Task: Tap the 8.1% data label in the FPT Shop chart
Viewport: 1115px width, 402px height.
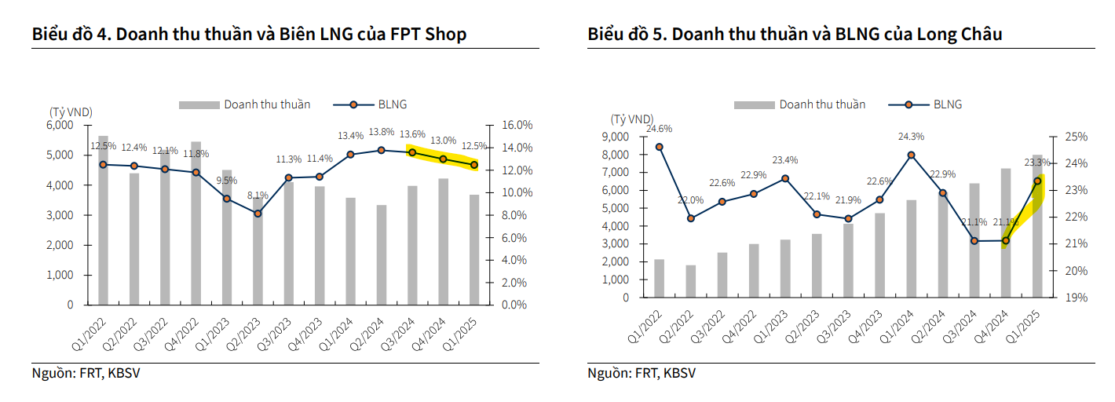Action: [x=258, y=196]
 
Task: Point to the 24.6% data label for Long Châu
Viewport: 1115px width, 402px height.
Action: [x=660, y=129]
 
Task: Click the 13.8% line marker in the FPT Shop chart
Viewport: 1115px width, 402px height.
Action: [x=381, y=150]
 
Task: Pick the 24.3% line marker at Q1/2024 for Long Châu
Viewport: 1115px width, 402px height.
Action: [x=911, y=155]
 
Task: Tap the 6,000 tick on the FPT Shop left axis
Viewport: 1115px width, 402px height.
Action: [x=60, y=126]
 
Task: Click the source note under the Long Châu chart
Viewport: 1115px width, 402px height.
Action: [x=642, y=373]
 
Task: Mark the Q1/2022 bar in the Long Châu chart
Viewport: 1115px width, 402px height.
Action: [x=660, y=278]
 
